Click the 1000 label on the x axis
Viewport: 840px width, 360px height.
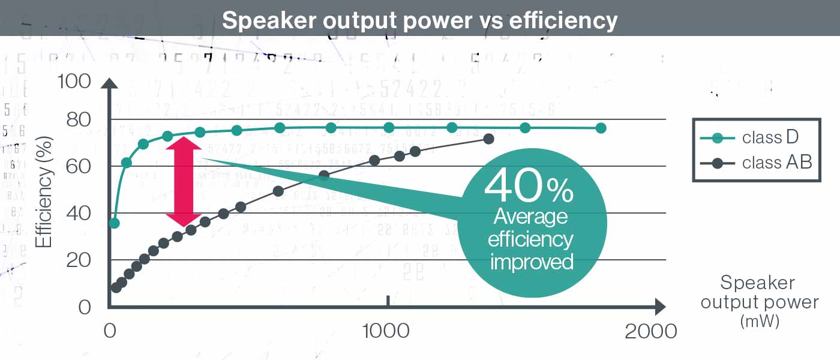click(x=388, y=331)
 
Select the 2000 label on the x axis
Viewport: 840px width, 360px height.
click(x=650, y=331)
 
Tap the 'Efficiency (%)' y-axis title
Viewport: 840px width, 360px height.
click(x=44, y=193)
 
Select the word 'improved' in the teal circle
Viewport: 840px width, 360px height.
click(x=532, y=262)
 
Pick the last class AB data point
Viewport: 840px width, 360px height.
click(x=488, y=139)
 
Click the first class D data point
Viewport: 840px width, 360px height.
click(x=114, y=223)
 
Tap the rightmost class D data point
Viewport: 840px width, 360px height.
click(x=601, y=128)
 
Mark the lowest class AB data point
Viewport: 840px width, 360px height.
click(x=116, y=287)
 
